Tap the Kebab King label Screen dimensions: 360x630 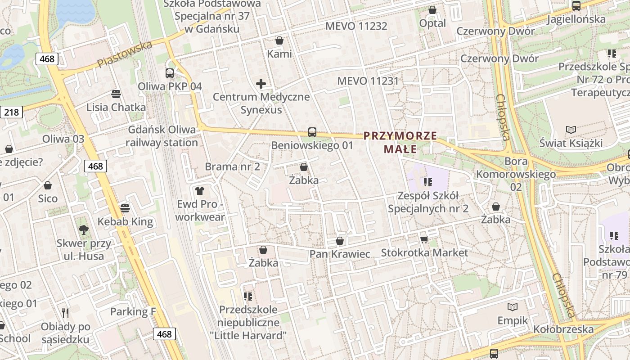point(126,221)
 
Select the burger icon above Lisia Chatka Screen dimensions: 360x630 point(116,94)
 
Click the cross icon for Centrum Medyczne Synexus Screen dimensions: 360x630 point(261,84)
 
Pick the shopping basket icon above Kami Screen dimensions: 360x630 point(279,40)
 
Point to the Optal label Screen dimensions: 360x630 point(432,23)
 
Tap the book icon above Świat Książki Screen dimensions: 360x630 point(571,130)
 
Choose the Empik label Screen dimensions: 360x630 point(513,320)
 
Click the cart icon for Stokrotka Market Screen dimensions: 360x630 point(423,239)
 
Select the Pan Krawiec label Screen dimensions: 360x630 point(340,254)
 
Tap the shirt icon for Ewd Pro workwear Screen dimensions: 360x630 point(200,191)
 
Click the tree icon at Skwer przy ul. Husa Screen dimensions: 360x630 point(83,230)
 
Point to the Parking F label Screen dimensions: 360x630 point(130,311)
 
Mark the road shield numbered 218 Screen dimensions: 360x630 point(11,112)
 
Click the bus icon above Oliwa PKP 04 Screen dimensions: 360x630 point(170,73)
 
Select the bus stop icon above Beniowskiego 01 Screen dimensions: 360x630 point(312,132)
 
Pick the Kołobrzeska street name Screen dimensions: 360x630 point(563,329)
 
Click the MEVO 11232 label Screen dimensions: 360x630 point(356,26)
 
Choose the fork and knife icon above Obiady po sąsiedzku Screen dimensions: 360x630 point(66,313)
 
